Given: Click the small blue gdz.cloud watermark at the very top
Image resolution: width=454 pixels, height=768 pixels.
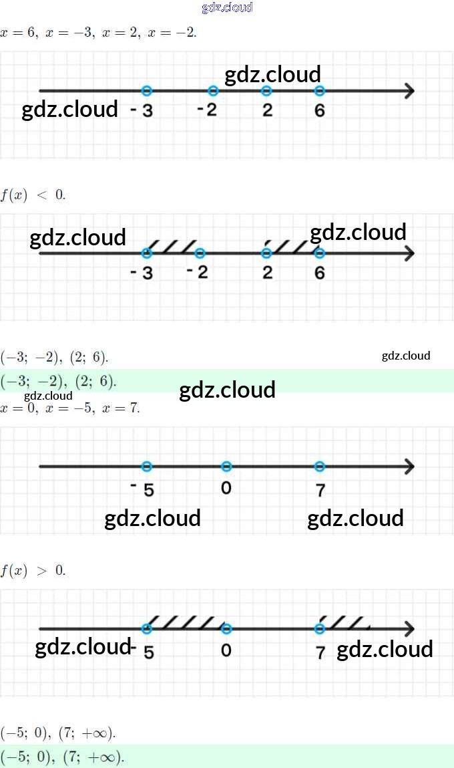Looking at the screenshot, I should (227, 8).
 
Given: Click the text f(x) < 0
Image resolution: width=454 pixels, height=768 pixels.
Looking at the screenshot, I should (33, 195).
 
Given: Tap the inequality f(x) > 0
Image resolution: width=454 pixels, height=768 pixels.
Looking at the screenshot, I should (33, 571).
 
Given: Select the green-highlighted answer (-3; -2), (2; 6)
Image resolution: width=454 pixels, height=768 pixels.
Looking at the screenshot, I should (59, 382).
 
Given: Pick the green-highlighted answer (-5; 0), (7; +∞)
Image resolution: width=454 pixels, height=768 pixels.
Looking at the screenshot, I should (63, 757).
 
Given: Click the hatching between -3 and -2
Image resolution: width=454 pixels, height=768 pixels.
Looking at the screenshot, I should (172, 246).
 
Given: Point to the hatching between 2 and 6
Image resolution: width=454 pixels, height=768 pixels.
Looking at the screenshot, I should (292, 246).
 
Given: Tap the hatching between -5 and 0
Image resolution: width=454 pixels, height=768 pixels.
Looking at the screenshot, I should (185, 622).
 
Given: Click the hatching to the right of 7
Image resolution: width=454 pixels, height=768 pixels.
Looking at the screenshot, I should (345, 622).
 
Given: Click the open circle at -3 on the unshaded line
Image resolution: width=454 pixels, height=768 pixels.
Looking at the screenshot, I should (147, 91).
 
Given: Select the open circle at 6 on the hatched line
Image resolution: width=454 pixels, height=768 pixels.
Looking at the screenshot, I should (319, 253).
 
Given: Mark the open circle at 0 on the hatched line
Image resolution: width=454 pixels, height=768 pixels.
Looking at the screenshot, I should (226, 629).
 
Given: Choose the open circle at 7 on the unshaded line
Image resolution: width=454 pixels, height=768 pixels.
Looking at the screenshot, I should (319, 467).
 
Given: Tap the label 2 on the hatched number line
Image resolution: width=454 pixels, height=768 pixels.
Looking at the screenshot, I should (267, 273).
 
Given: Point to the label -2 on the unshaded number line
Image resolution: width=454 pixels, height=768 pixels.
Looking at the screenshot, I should (208, 110).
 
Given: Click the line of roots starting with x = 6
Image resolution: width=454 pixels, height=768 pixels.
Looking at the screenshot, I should (99, 32).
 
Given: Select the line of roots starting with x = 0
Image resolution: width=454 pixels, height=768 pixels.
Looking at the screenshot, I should (70, 408).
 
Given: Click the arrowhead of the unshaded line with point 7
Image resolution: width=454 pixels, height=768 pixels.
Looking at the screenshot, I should (409, 467).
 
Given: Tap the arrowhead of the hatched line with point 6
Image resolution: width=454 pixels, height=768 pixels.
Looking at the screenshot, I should (409, 253).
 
